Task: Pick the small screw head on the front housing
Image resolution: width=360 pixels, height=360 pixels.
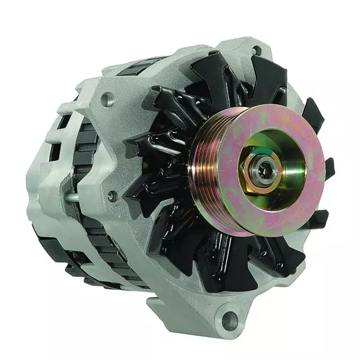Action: [112, 195]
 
